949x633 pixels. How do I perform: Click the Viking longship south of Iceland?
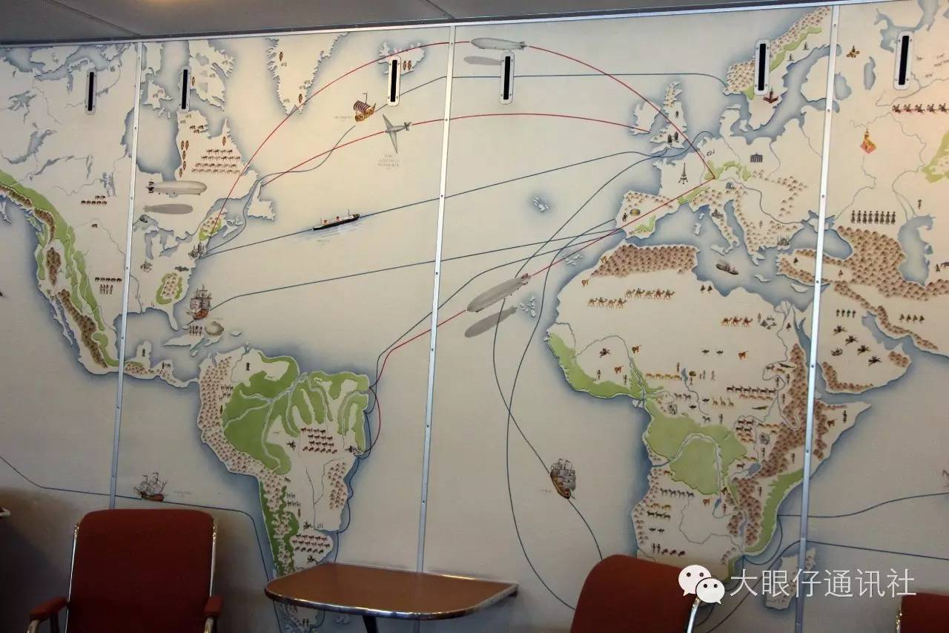[363, 110]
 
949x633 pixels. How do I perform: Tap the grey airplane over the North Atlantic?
[395, 131]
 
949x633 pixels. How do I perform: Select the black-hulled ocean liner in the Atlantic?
[336, 220]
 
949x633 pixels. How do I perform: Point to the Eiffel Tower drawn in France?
[683, 172]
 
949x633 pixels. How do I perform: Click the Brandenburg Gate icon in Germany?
[756, 157]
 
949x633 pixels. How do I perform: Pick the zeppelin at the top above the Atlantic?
[498, 44]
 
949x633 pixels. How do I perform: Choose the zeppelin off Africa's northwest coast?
[498, 292]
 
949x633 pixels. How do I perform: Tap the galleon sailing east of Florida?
[199, 302]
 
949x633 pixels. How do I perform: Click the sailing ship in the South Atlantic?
[563, 477]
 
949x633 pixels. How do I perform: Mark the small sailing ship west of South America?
[151, 487]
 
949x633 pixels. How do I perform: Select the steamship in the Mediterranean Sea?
[727, 267]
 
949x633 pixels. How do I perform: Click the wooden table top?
[390, 589]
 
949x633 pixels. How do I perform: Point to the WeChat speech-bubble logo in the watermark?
[701, 584]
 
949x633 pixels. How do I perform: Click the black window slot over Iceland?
[394, 80]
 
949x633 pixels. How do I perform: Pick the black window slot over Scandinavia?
[761, 68]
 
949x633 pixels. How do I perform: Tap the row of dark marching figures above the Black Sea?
[872, 217]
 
